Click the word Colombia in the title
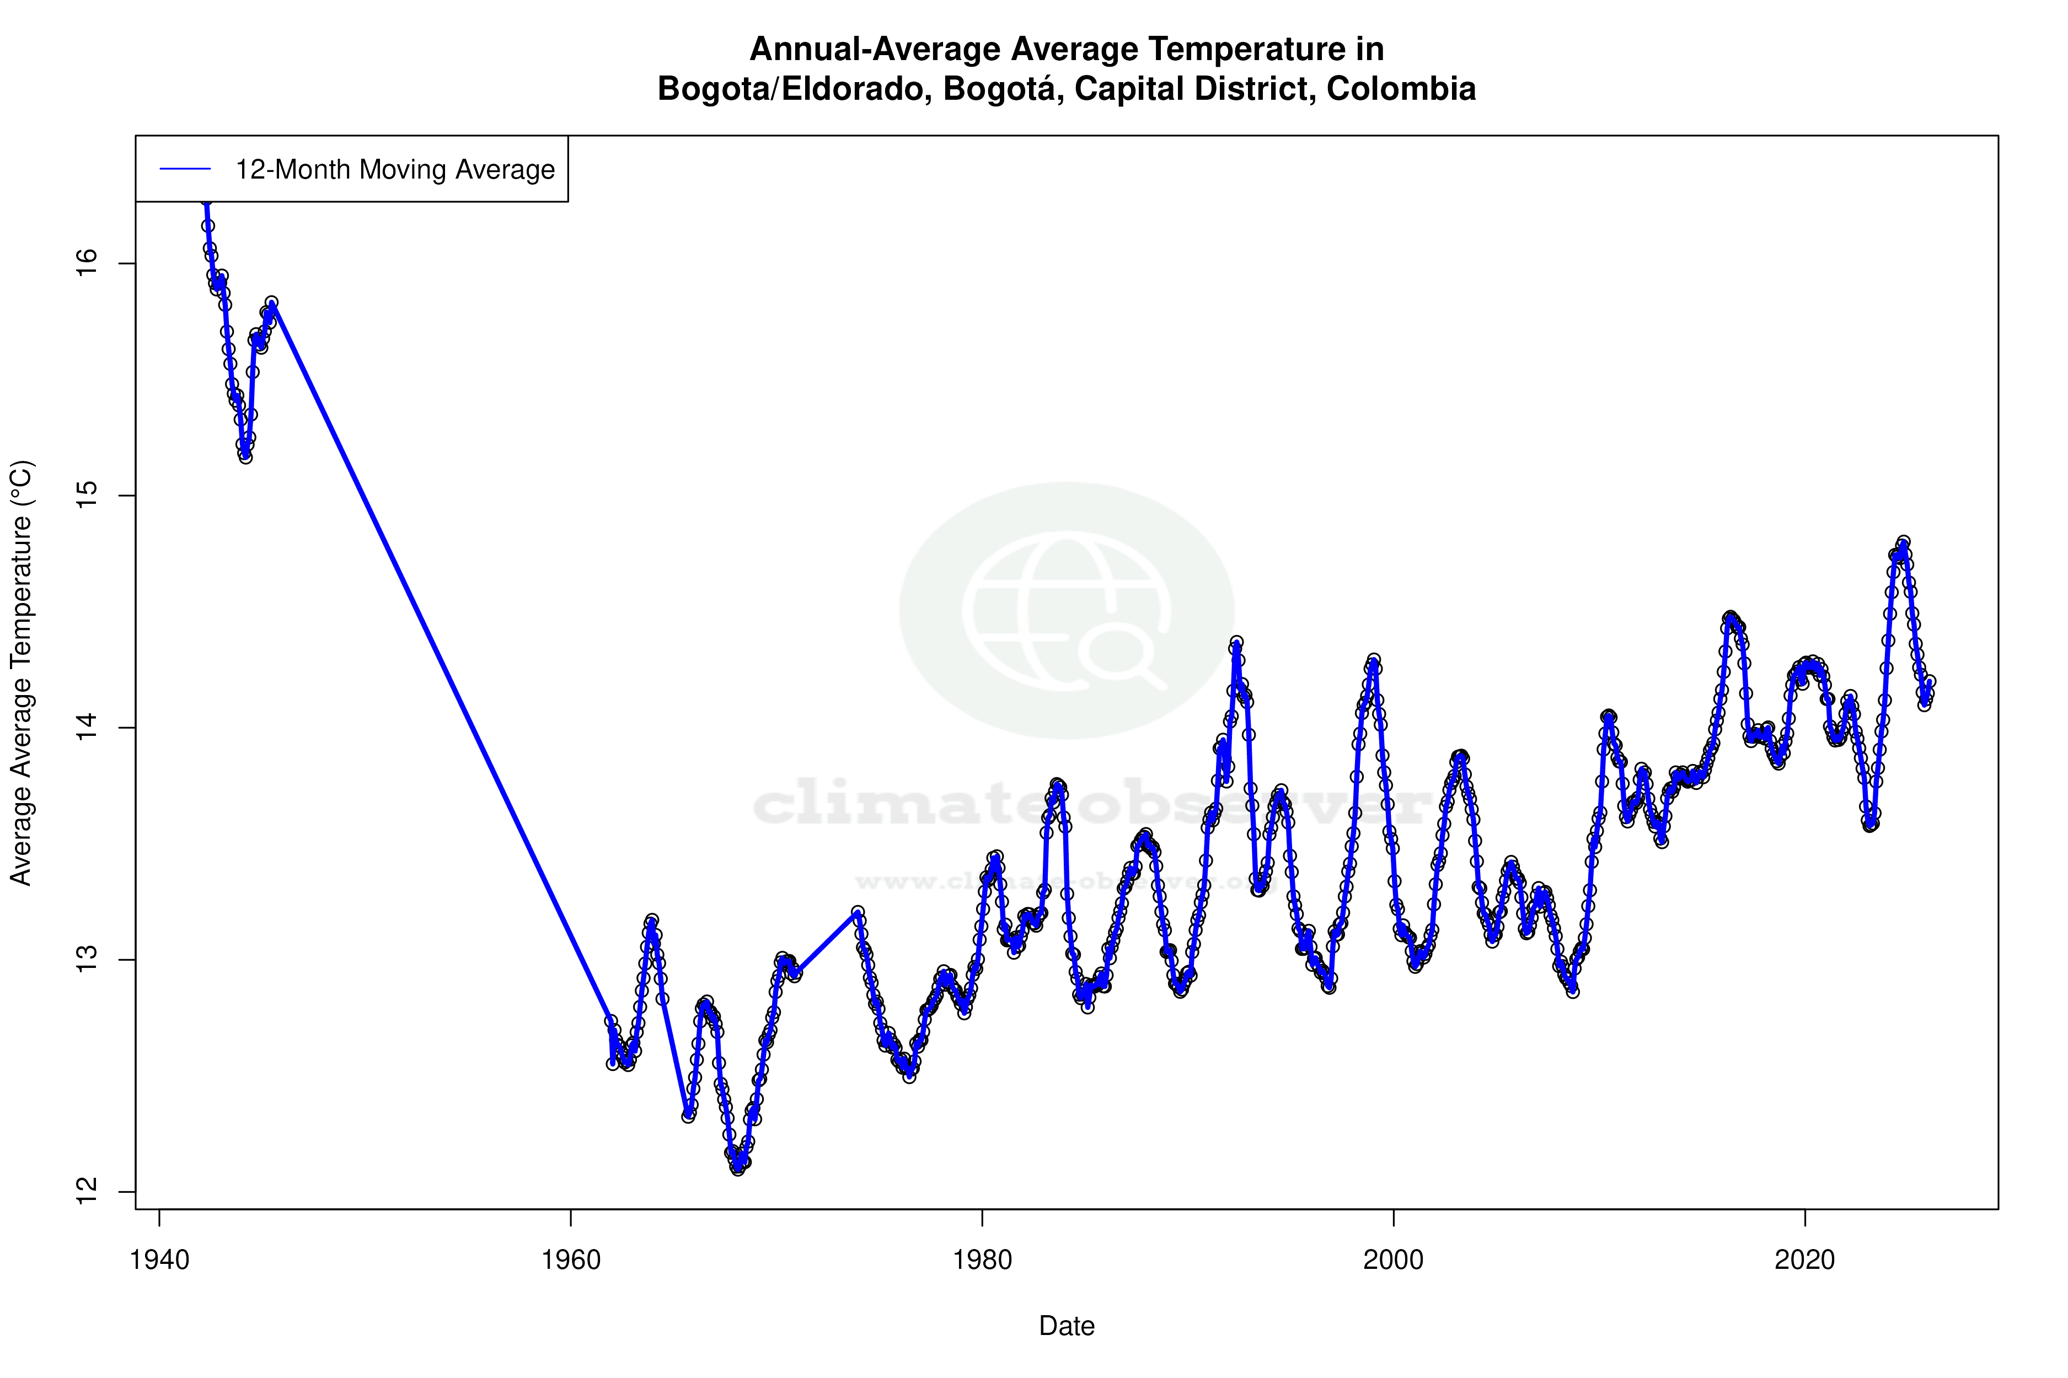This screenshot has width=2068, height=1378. pos(1401,89)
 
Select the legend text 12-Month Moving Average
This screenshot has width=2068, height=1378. pos(395,170)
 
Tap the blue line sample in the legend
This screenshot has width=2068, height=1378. pos(185,170)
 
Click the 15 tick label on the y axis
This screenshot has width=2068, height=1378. pos(87,496)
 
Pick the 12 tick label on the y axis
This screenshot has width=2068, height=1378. pos(87,1192)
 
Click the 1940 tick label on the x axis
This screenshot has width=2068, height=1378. pos(159,1260)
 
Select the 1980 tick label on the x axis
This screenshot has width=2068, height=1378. pos(982,1260)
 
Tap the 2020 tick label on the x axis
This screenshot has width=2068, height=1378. pos(1805,1260)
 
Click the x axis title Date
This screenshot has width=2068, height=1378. pos(1067,1326)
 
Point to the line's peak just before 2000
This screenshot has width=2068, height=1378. pos(1373,660)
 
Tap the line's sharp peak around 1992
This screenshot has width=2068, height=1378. pos(1236,642)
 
